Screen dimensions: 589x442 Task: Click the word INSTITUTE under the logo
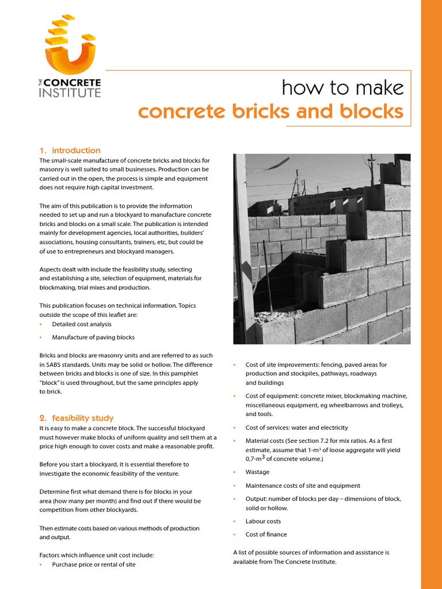(x=70, y=93)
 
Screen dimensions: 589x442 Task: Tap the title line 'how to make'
(x=342, y=88)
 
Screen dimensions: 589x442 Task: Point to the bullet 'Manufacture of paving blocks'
(x=93, y=337)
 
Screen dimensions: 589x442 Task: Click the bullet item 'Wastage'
(x=257, y=472)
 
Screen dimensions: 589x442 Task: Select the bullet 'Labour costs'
(x=263, y=521)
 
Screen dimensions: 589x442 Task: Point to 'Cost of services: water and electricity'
(x=296, y=427)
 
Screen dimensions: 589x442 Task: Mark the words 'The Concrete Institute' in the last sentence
(x=304, y=561)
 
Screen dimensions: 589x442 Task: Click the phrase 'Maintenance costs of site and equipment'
(x=303, y=485)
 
